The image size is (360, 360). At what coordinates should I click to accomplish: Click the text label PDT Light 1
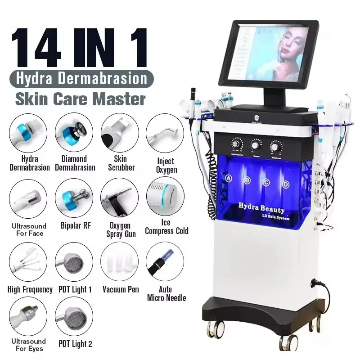74,290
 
